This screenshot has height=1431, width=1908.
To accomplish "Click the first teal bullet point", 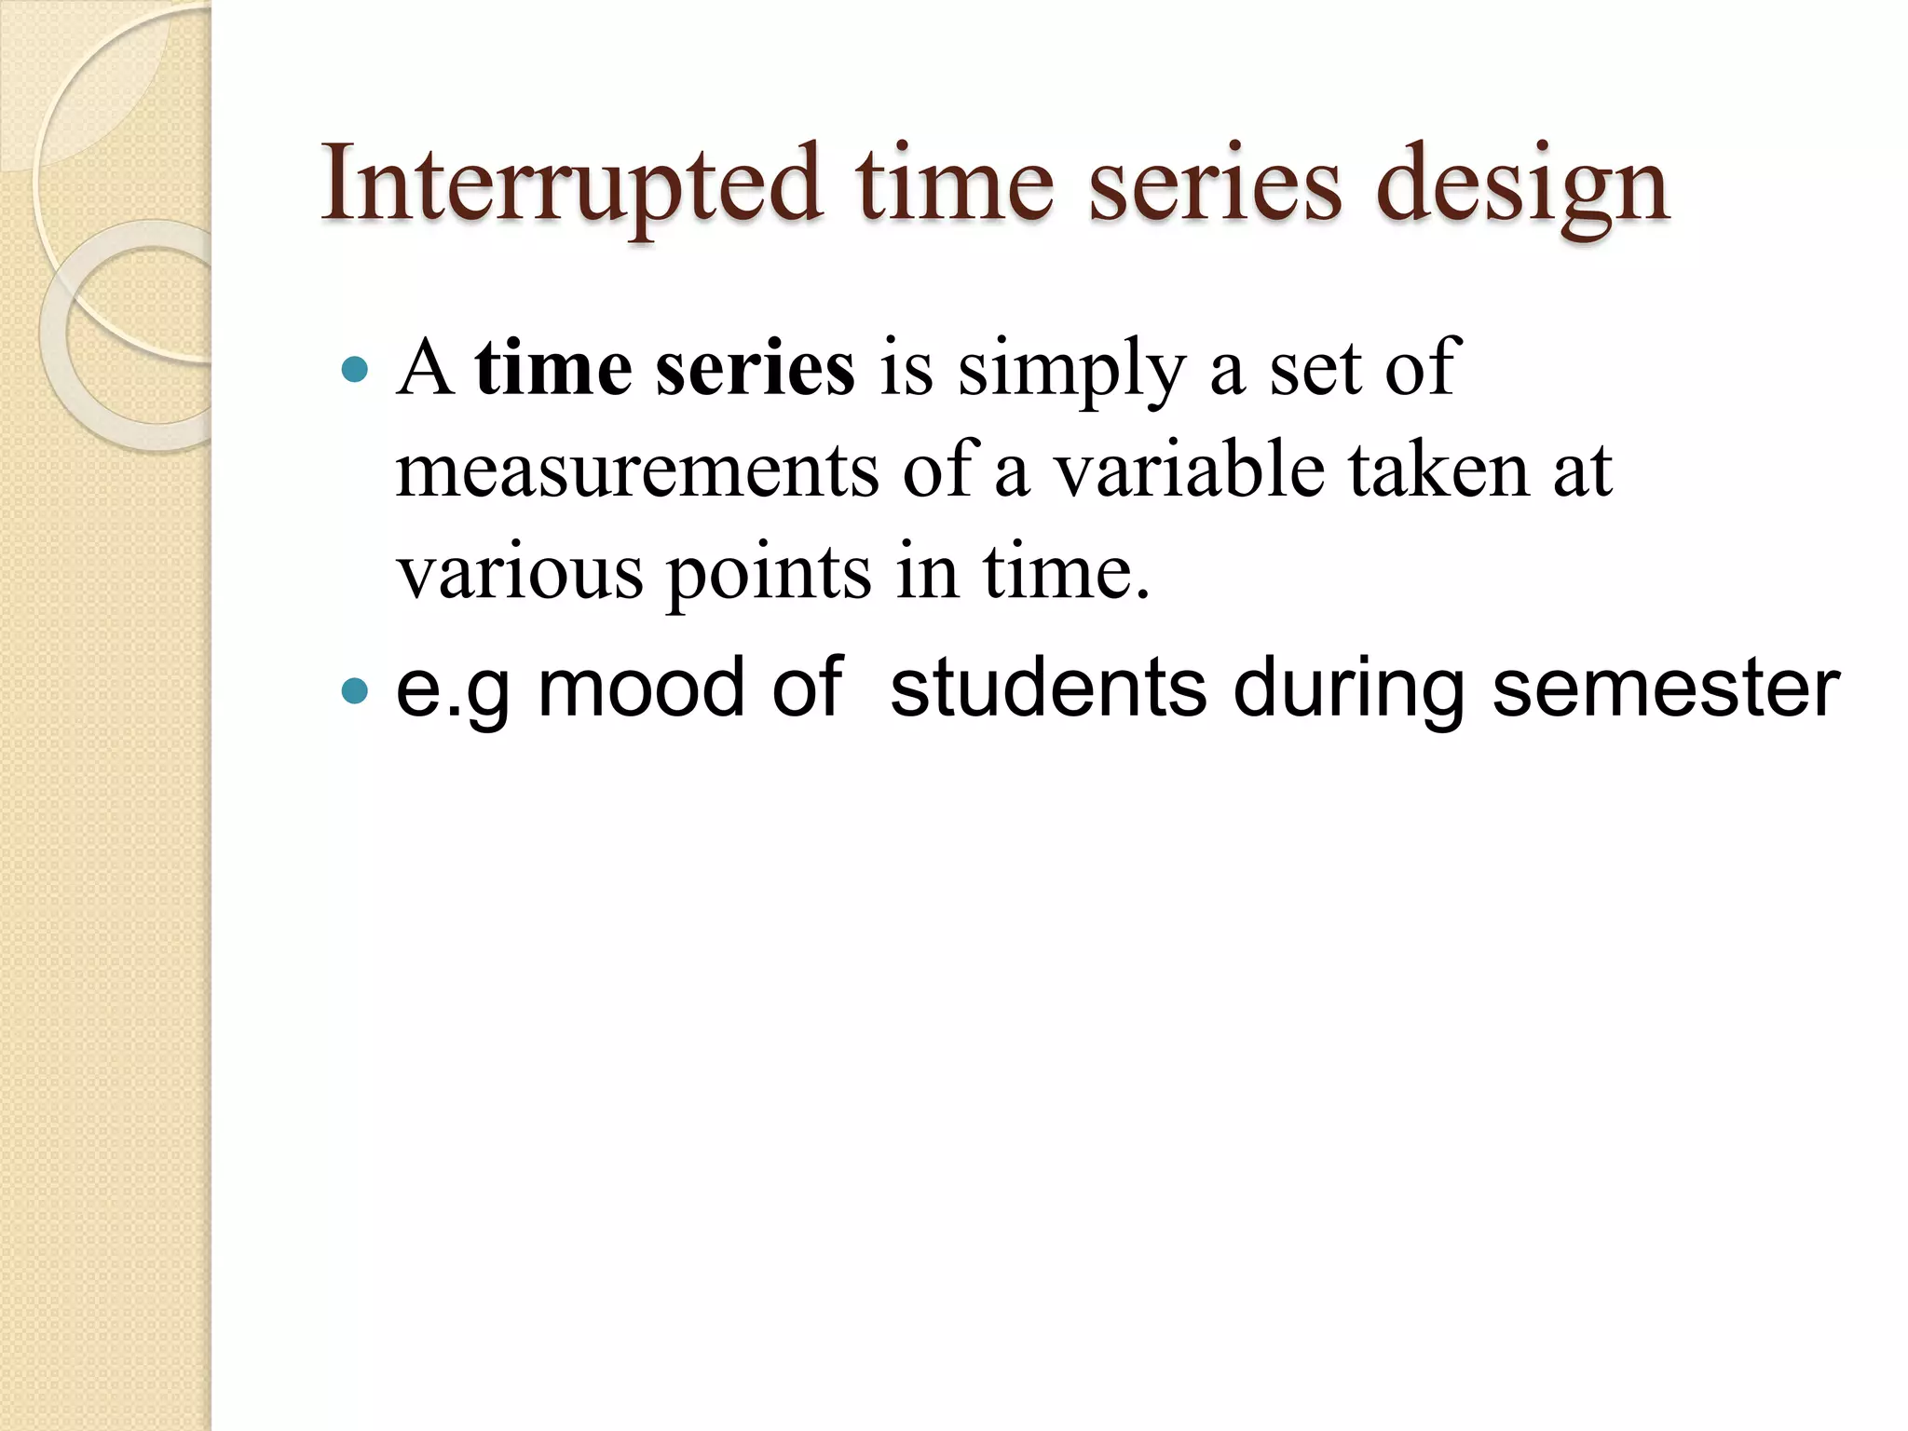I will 355,371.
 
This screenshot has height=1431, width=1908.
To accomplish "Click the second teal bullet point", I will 355,690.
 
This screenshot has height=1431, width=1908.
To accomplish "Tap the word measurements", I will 636,470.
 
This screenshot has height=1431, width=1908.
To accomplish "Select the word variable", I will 1189,470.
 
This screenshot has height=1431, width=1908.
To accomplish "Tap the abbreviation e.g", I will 453,690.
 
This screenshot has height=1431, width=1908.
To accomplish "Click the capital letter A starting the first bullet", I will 425,369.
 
